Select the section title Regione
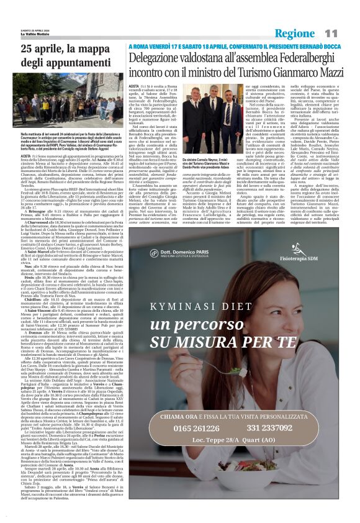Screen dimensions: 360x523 coord(295,33)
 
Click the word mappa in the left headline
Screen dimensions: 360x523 coord(93,49)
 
